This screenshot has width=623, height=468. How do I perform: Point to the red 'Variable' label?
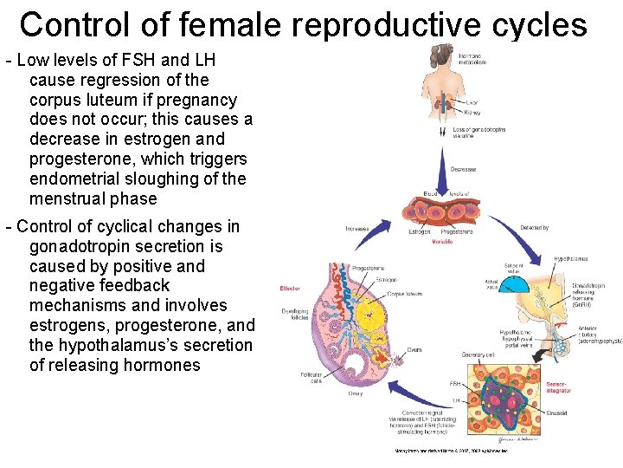pos(442,242)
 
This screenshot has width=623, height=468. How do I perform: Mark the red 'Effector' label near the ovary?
pos(290,289)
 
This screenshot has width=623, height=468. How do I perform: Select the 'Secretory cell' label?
pos(478,354)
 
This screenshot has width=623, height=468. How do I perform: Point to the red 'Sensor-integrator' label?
pos(557,387)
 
